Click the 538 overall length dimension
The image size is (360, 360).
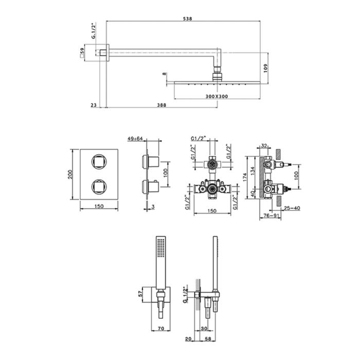coord(187,19)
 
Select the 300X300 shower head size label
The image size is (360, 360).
coord(217,97)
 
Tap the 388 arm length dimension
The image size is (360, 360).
coord(161,105)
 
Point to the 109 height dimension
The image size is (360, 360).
coord(266,68)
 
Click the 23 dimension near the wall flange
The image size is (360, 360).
coord(94,105)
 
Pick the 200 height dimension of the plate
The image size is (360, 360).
coord(70,174)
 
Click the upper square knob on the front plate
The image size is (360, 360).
coord(99,162)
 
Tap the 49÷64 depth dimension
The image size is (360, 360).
coord(135,138)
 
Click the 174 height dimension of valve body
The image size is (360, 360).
coord(245,177)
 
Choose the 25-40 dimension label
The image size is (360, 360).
coord(292,208)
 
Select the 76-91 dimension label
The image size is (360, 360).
coord(271,215)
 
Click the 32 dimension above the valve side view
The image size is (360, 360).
coord(264,146)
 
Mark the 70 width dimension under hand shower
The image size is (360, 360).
coord(161,329)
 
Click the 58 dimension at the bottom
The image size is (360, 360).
coord(208,339)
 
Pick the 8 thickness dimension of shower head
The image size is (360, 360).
coord(164,74)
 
